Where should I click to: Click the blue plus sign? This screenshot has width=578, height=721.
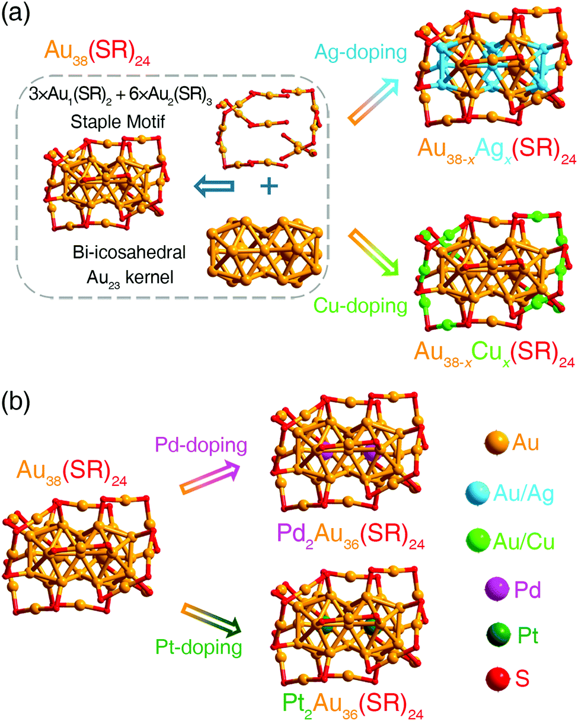[269, 186]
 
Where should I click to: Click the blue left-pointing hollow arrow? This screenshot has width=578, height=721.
[216, 186]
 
